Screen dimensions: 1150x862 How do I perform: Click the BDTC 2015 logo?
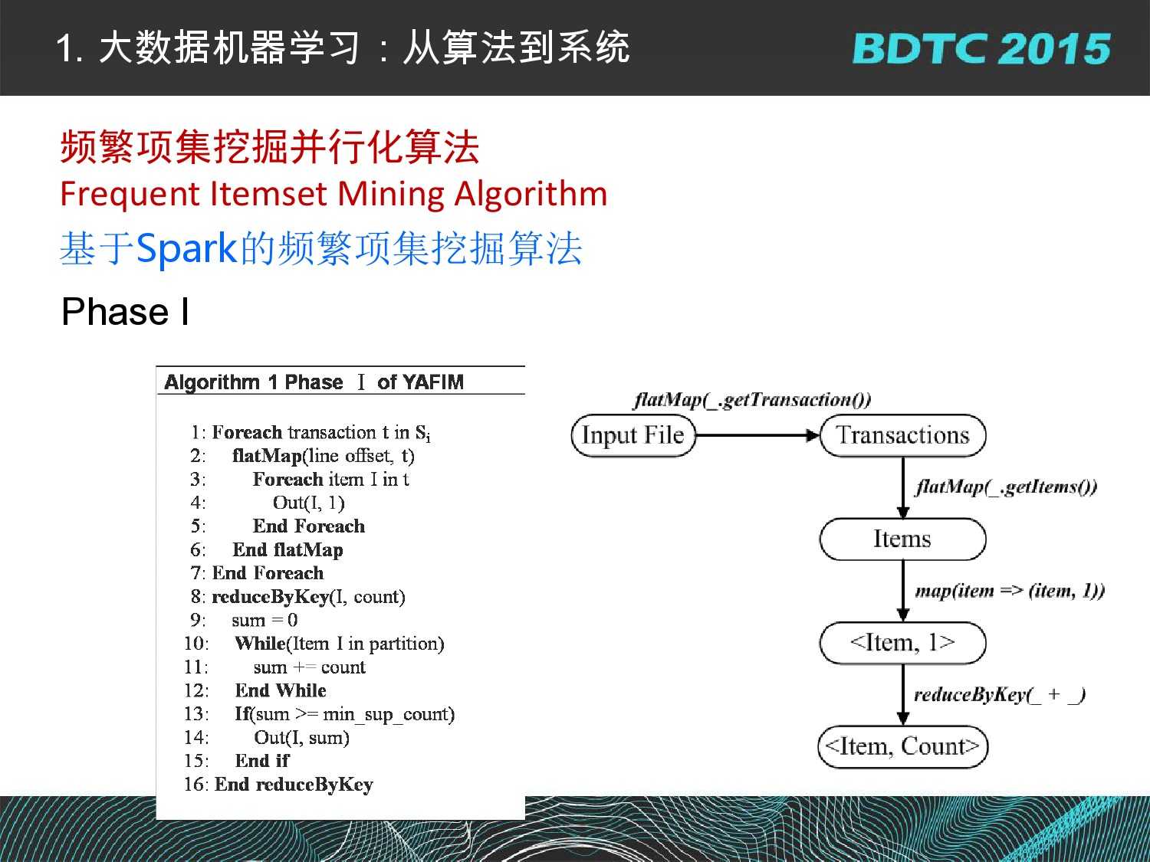tap(981, 49)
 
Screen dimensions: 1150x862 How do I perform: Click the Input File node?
tap(633, 435)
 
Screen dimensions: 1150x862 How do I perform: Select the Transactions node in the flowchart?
tap(902, 435)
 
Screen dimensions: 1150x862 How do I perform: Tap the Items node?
tap(902, 539)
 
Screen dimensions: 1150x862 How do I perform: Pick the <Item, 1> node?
tap(902, 643)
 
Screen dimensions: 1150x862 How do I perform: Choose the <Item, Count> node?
tap(902, 746)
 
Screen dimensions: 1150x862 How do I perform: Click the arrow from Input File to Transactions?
tap(757, 435)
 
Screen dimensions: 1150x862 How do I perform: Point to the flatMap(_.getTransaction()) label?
tap(752, 401)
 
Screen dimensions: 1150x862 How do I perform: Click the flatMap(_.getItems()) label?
tap(1006, 487)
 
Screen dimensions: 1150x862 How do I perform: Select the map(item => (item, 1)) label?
tap(1010, 591)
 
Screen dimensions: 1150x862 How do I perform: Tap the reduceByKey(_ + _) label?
tap(1000, 694)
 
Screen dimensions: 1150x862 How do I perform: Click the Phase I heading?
tap(125, 312)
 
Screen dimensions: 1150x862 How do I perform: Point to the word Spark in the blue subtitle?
tap(186, 248)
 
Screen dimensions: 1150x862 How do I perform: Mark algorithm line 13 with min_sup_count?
tap(319, 714)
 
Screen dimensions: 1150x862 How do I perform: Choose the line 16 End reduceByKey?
tap(278, 785)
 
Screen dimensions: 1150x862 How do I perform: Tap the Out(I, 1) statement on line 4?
tap(309, 503)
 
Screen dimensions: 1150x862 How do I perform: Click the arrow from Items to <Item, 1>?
tap(902, 591)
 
